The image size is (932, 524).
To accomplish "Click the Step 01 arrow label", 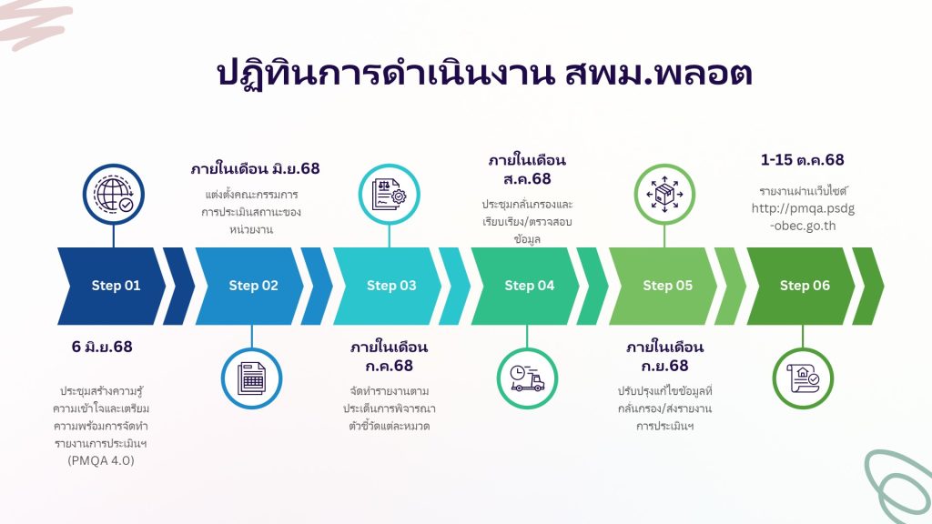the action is point(116,286).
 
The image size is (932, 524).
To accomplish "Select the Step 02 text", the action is point(253,286).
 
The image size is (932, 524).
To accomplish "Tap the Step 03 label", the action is point(391,286).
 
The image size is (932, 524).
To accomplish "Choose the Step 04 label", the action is point(529,286).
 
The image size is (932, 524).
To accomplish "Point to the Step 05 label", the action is point(667,286).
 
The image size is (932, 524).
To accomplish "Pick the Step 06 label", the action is point(805,286).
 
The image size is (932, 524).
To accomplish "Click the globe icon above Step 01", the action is point(114,195).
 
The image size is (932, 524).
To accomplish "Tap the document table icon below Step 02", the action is point(251,378).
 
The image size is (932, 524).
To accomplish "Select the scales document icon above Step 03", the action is point(389,195).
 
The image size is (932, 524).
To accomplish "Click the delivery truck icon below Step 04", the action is point(527,378).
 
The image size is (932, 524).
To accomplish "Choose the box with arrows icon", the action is point(664,195).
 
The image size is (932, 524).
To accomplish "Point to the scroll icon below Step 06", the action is point(803,378).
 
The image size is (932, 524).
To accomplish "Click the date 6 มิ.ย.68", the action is point(102,347).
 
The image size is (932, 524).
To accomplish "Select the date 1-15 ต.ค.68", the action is point(803,160).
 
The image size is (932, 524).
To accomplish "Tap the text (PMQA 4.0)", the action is point(101,460).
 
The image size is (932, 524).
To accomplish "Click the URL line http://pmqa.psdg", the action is point(803,208).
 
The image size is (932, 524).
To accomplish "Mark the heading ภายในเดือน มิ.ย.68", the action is point(255,168).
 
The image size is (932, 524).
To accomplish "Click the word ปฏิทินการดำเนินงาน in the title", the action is point(385,74).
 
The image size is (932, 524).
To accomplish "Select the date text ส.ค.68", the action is point(527,179).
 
